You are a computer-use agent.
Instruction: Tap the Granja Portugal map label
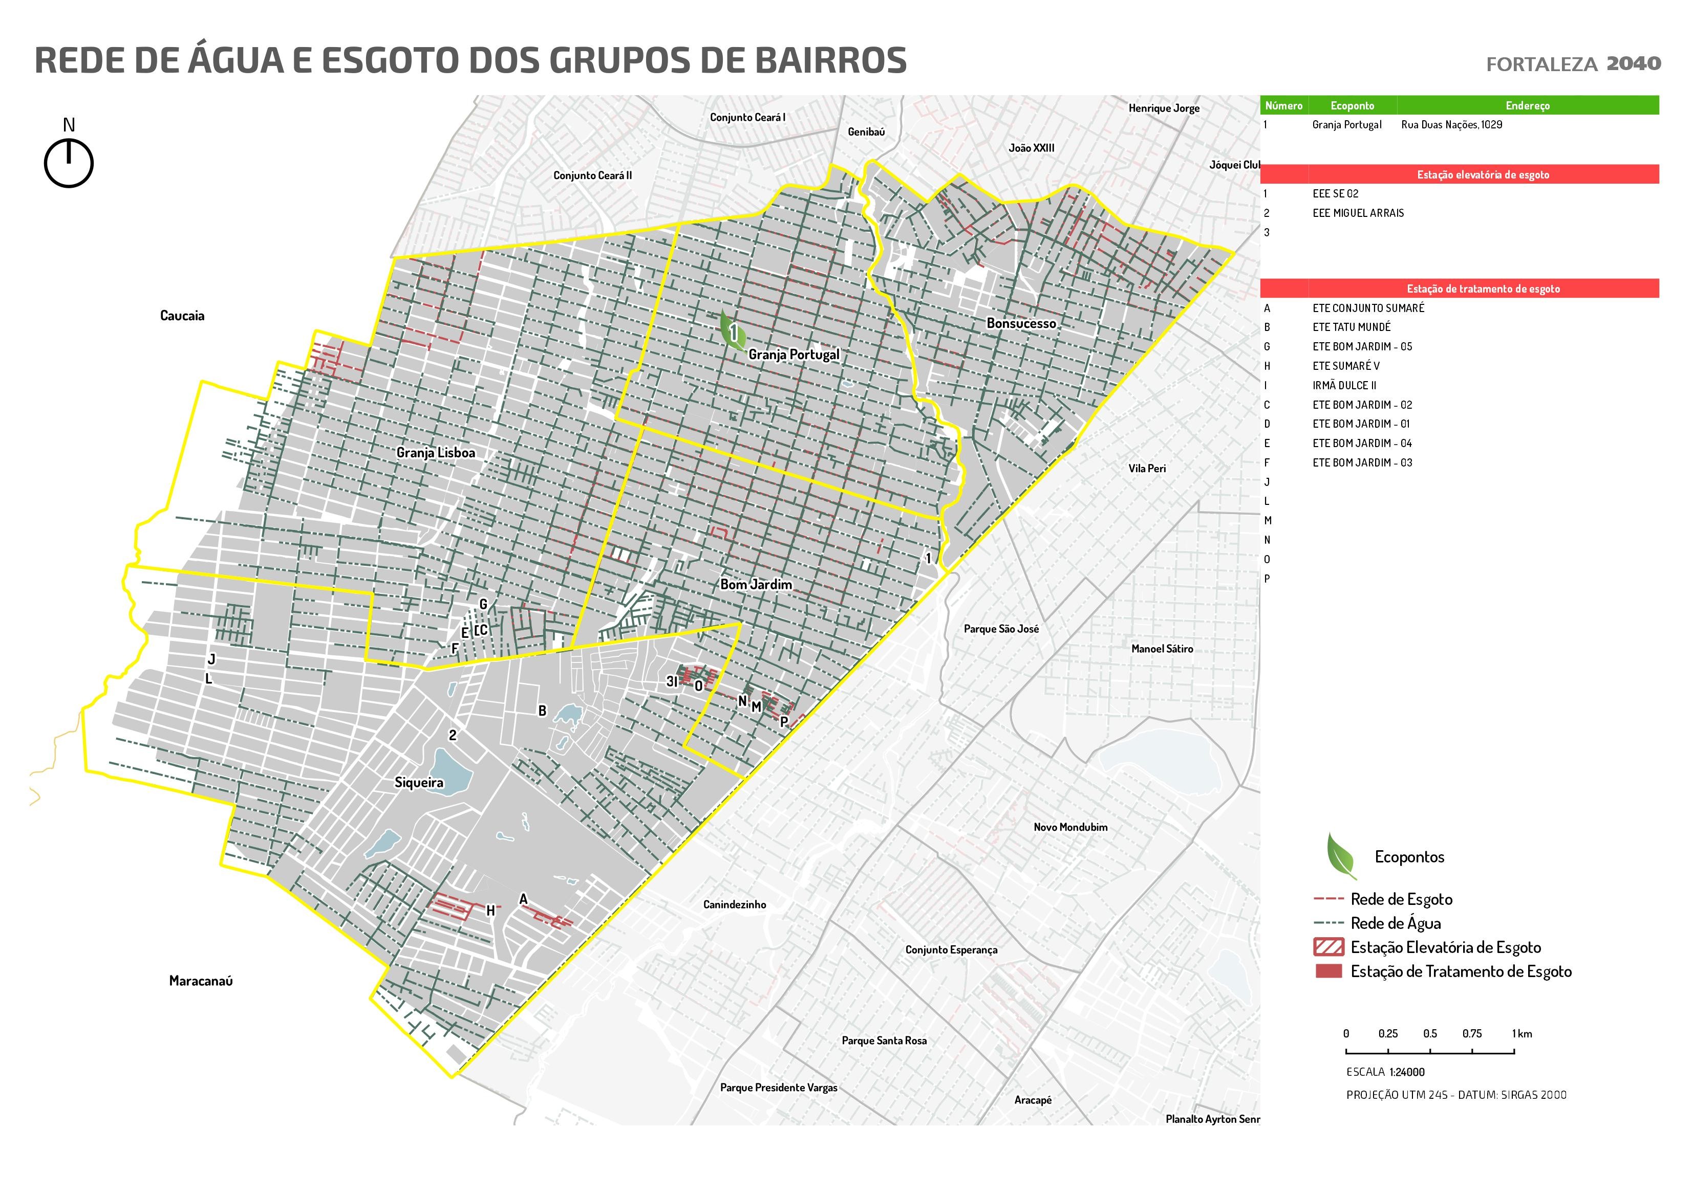(794, 355)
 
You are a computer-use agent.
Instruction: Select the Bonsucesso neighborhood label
(1021, 323)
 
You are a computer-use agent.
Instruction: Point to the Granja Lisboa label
(435, 452)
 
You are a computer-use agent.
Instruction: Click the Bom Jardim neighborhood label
(756, 584)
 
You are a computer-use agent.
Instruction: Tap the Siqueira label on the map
(419, 783)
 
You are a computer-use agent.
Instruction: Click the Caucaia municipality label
(182, 316)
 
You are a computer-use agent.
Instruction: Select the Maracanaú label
(201, 981)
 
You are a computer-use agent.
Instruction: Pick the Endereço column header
(1527, 105)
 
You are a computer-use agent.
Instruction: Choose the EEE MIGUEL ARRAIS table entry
(1358, 213)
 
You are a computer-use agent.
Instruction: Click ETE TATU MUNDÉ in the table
(1351, 327)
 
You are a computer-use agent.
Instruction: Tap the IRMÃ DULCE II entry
(1343, 385)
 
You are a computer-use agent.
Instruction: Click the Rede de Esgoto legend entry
(1401, 899)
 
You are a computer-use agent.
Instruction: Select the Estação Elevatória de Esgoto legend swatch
(1328, 947)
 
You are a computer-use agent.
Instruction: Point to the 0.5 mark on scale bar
(1430, 1034)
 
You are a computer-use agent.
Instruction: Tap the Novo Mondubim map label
(1070, 827)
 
